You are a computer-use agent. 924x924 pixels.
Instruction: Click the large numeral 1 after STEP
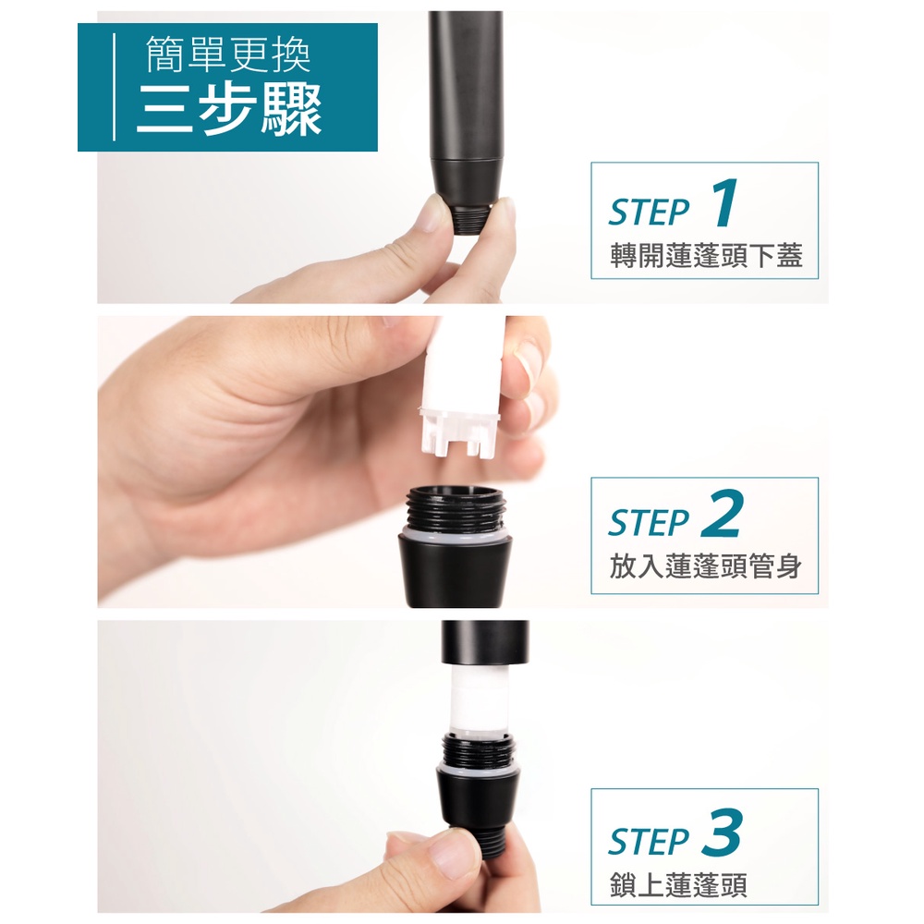tap(725, 202)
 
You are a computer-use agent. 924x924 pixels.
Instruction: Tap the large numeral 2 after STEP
tap(722, 513)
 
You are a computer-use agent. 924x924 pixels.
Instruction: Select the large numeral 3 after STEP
tap(722, 832)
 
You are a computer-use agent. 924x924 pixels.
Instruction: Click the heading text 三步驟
tap(229, 108)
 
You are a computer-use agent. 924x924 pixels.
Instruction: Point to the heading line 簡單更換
tap(227, 55)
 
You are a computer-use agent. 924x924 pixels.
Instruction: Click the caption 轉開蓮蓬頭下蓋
tap(706, 256)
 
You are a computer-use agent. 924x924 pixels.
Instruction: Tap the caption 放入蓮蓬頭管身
tap(705, 567)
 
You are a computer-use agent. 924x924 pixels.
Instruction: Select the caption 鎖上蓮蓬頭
tap(678, 885)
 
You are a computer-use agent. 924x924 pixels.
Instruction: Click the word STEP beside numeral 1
tap(649, 213)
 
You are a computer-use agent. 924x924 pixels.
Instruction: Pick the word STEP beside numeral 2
tap(649, 523)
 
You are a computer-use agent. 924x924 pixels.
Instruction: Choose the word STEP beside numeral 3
tap(649, 841)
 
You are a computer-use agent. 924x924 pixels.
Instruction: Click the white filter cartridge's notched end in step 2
tap(459, 432)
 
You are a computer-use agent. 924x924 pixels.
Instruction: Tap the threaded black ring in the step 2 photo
tap(455, 505)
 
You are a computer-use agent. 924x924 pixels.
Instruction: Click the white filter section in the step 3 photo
tap(478, 699)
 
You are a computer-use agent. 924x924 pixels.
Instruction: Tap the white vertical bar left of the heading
tap(114, 87)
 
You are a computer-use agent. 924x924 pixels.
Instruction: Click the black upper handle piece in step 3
tap(485, 643)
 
